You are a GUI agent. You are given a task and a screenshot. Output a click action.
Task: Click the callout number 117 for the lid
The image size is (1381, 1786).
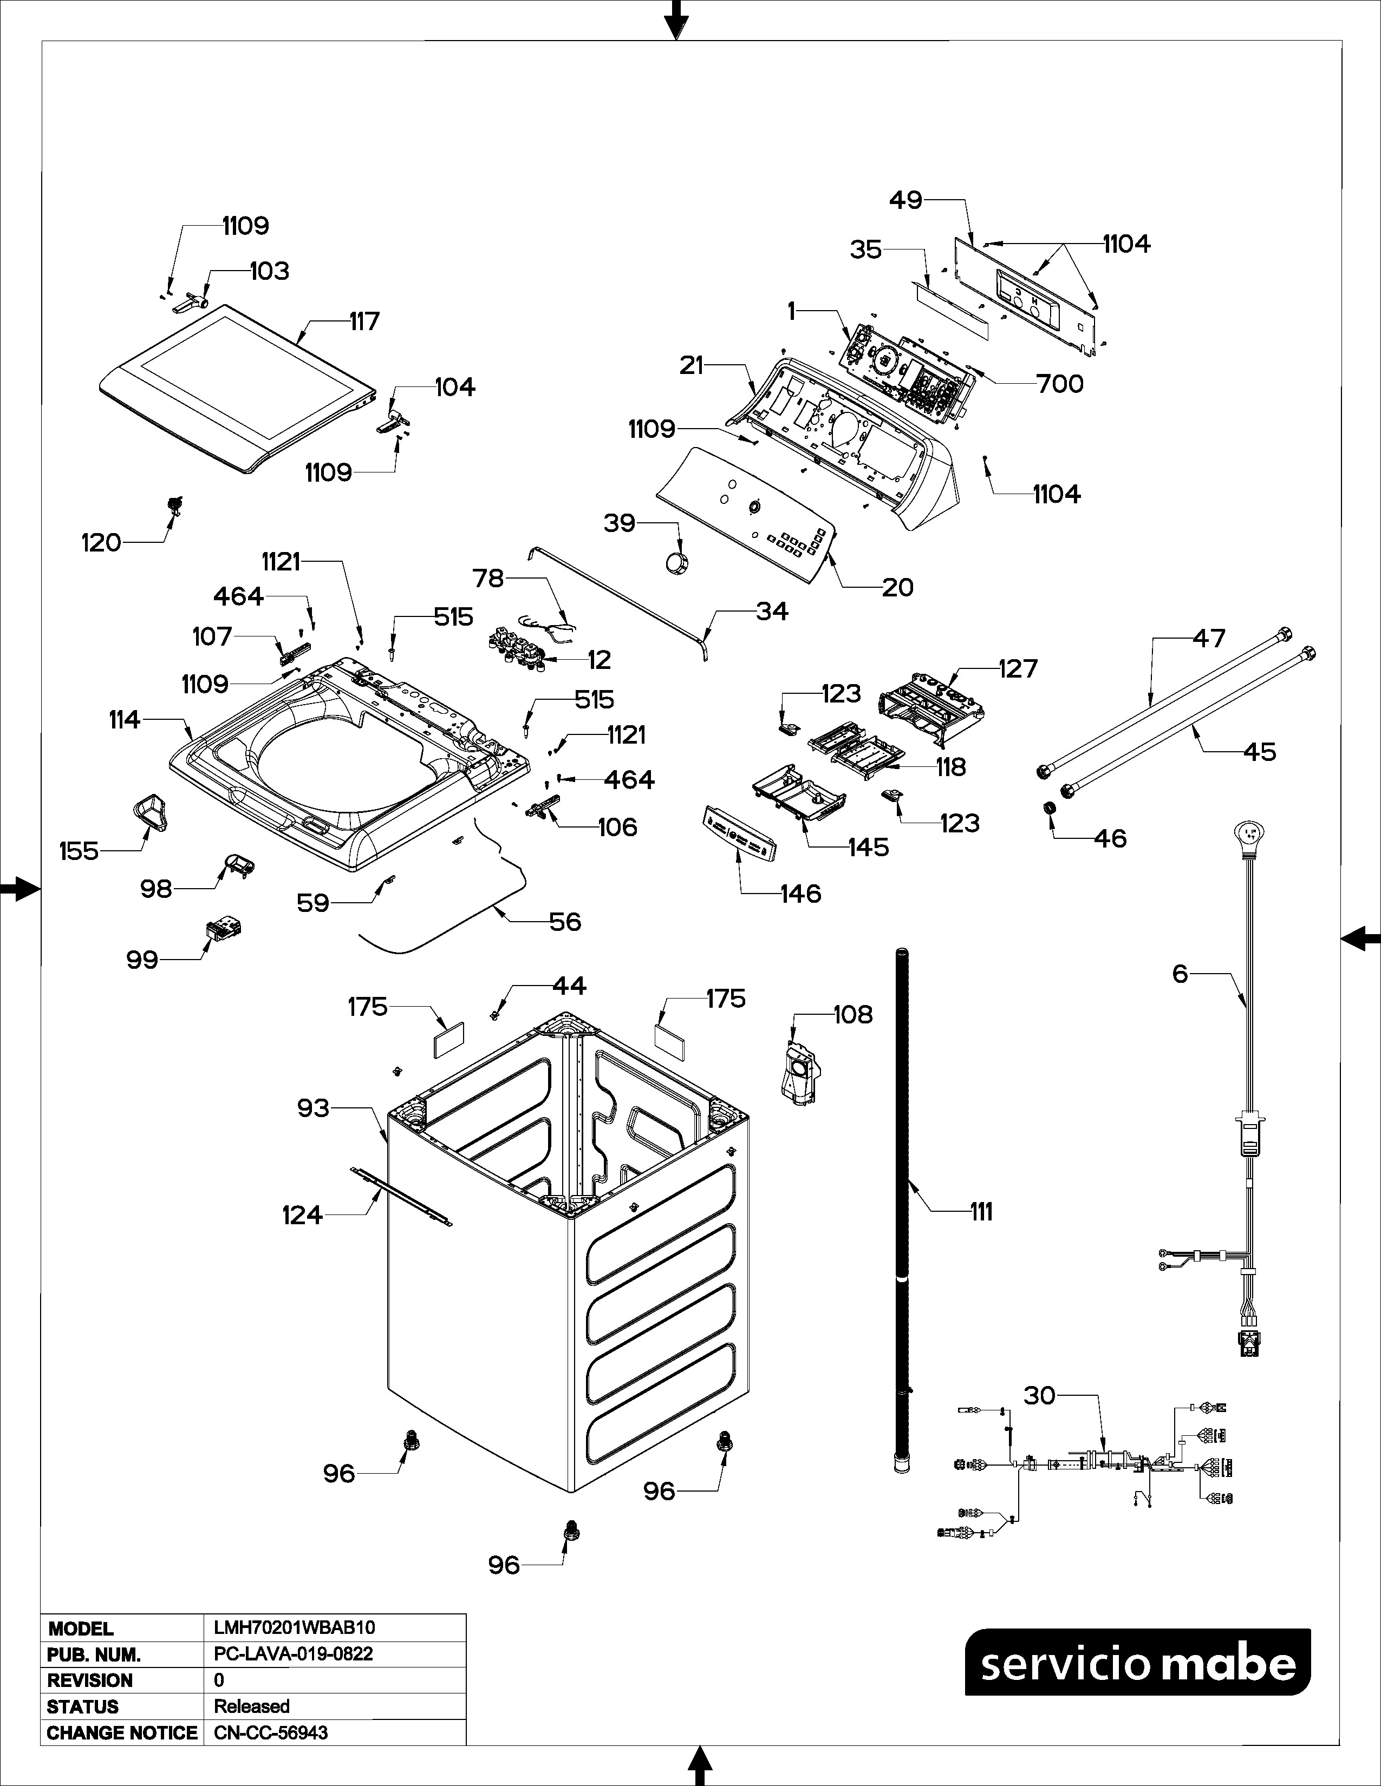(365, 321)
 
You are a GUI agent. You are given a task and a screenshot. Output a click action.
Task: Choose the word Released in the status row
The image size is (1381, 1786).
(252, 1706)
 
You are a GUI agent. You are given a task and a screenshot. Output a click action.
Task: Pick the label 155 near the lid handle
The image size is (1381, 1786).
(79, 851)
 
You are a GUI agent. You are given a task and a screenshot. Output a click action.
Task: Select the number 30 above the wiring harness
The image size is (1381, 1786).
(1039, 1395)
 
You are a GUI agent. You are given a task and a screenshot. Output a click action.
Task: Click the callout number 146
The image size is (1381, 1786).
(800, 894)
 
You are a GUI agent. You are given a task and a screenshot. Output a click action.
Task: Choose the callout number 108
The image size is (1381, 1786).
(854, 1014)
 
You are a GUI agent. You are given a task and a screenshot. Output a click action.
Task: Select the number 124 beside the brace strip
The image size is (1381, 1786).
(302, 1215)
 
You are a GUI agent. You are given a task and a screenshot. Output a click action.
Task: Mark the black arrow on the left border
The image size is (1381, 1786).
(19, 889)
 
